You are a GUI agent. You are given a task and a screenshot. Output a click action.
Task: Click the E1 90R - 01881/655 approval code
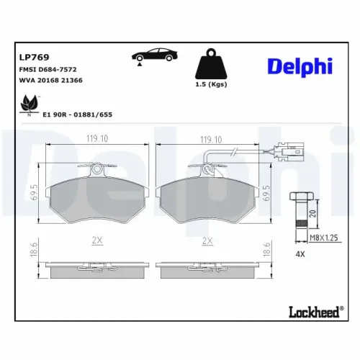pyautogui.click(x=78, y=114)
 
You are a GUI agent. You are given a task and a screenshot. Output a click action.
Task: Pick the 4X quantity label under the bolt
pyautogui.click(x=301, y=254)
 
